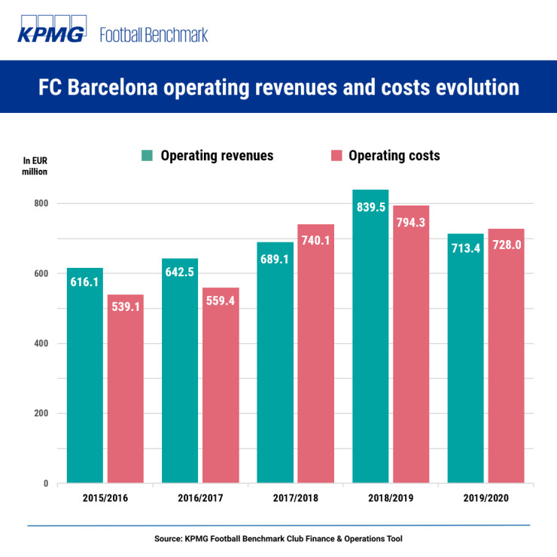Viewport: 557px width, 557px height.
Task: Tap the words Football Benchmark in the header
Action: (154, 35)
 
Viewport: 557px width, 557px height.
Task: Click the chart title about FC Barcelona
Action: (278, 87)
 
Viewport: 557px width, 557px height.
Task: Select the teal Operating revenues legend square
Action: (147, 156)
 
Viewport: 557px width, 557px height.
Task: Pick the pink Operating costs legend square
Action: (336, 156)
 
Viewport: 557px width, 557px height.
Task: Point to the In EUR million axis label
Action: (35, 166)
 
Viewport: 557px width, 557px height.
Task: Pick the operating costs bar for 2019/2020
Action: (506, 376)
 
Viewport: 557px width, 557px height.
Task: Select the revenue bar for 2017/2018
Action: (275, 376)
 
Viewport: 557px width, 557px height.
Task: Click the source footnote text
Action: (278, 539)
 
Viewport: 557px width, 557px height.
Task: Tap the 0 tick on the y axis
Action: (44, 483)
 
